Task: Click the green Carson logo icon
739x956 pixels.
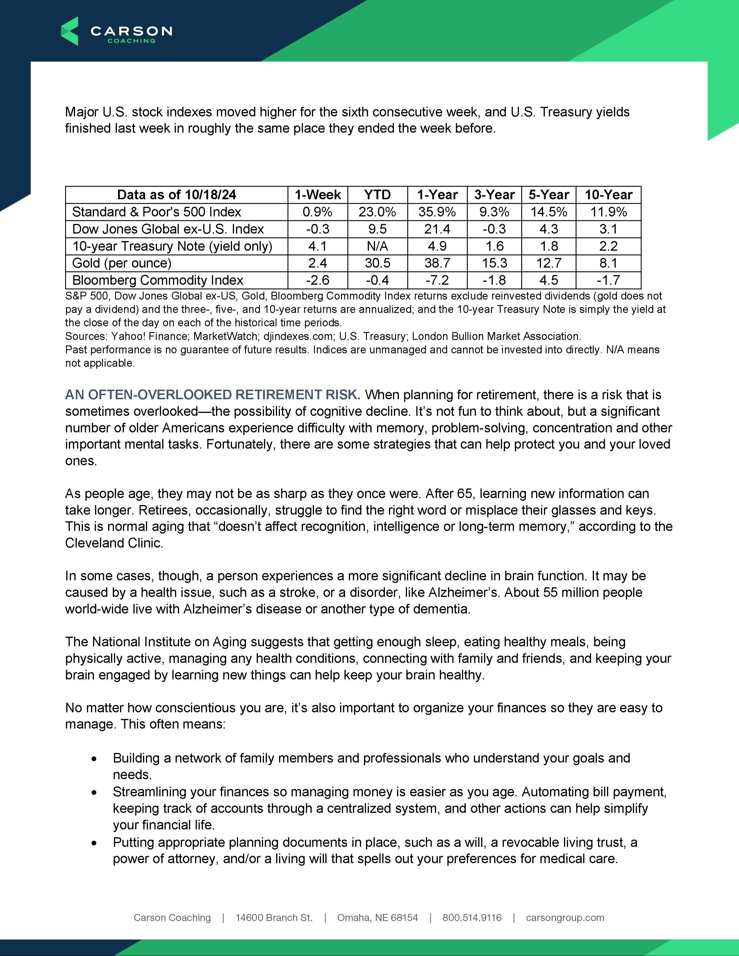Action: coord(69,31)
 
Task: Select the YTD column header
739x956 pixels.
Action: coord(377,194)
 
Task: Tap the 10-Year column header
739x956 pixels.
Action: coord(608,194)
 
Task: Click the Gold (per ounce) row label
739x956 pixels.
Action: coord(122,263)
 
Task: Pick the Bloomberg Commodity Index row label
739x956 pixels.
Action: coord(158,280)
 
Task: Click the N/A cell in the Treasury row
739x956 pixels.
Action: coord(377,246)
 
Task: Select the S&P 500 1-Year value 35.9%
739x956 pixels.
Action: coord(437,212)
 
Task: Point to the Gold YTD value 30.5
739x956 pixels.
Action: coord(377,263)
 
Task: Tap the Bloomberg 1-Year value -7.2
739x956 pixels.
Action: coord(437,280)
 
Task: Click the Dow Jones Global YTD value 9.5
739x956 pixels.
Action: coord(377,229)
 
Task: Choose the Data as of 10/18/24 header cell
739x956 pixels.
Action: coord(176,194)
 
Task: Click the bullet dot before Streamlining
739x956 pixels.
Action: coord(94,793)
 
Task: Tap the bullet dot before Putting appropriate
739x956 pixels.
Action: coord(94,843)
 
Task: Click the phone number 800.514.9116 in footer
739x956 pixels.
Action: coord(472,917)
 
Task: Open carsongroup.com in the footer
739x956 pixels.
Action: coord(565,917)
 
